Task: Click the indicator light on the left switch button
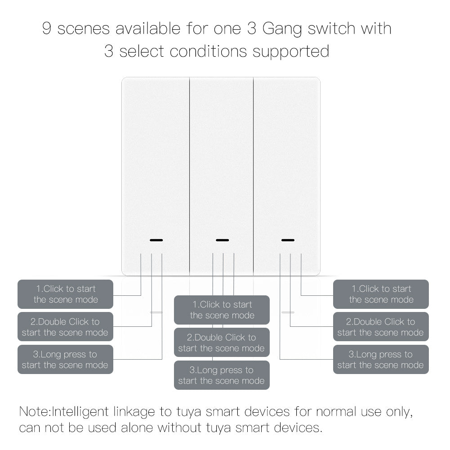click(156, 240)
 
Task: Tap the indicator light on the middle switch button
click(222, 240)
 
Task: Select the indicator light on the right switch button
click(288, 240)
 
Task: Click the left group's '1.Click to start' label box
click(66, 294)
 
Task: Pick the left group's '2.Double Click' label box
click(66, 327)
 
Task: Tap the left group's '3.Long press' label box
click(66, 360)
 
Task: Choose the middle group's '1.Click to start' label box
click(222, 310)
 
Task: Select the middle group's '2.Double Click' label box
click(222, 343)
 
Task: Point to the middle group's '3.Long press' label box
click(222, 375)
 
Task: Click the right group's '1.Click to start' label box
click(381, 294)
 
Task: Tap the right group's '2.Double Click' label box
click(381, 327)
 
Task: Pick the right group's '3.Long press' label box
click(381, 360)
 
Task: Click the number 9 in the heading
click(47, 29)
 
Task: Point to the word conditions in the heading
click(209, 51)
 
